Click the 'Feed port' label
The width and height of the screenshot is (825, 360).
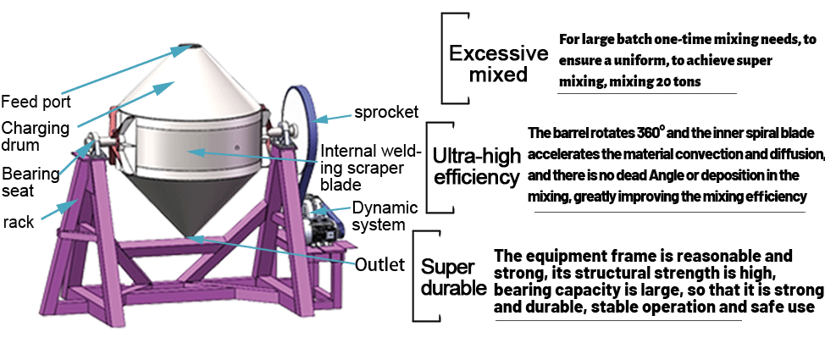click(x=35, y=102)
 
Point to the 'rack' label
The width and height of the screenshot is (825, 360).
click(x=18, y=222)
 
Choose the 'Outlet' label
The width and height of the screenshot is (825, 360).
click(x=380, y=264)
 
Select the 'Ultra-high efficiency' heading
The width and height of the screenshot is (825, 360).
click(x=476, y=167)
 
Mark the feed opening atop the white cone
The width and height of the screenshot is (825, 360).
click(x=187, y=45)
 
